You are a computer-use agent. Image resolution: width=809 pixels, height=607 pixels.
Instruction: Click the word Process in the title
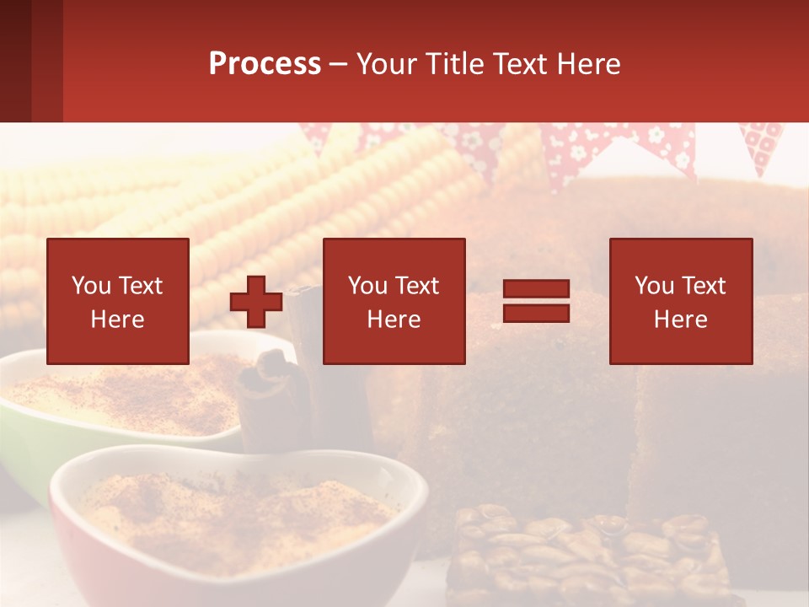pos(265,64)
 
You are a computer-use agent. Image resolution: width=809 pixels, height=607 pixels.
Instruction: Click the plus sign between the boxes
pos(256,301)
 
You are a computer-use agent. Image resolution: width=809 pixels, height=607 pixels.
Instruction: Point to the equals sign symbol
pos(536,301)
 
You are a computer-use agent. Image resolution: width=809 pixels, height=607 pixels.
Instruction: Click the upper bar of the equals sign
pos(536,289)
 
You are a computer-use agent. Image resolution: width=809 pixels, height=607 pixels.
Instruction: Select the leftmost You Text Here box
pos(117,301)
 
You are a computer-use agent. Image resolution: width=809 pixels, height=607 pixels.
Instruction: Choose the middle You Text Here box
pos(394,301)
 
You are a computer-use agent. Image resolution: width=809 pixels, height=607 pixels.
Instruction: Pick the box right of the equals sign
pos(680,301)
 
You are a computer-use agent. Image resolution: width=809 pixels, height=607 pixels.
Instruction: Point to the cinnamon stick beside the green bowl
pos(270,396)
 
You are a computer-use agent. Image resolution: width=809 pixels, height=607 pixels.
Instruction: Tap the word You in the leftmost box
pos(90,286)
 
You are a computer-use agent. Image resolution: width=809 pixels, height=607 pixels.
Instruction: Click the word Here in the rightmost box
pos(680,320)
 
